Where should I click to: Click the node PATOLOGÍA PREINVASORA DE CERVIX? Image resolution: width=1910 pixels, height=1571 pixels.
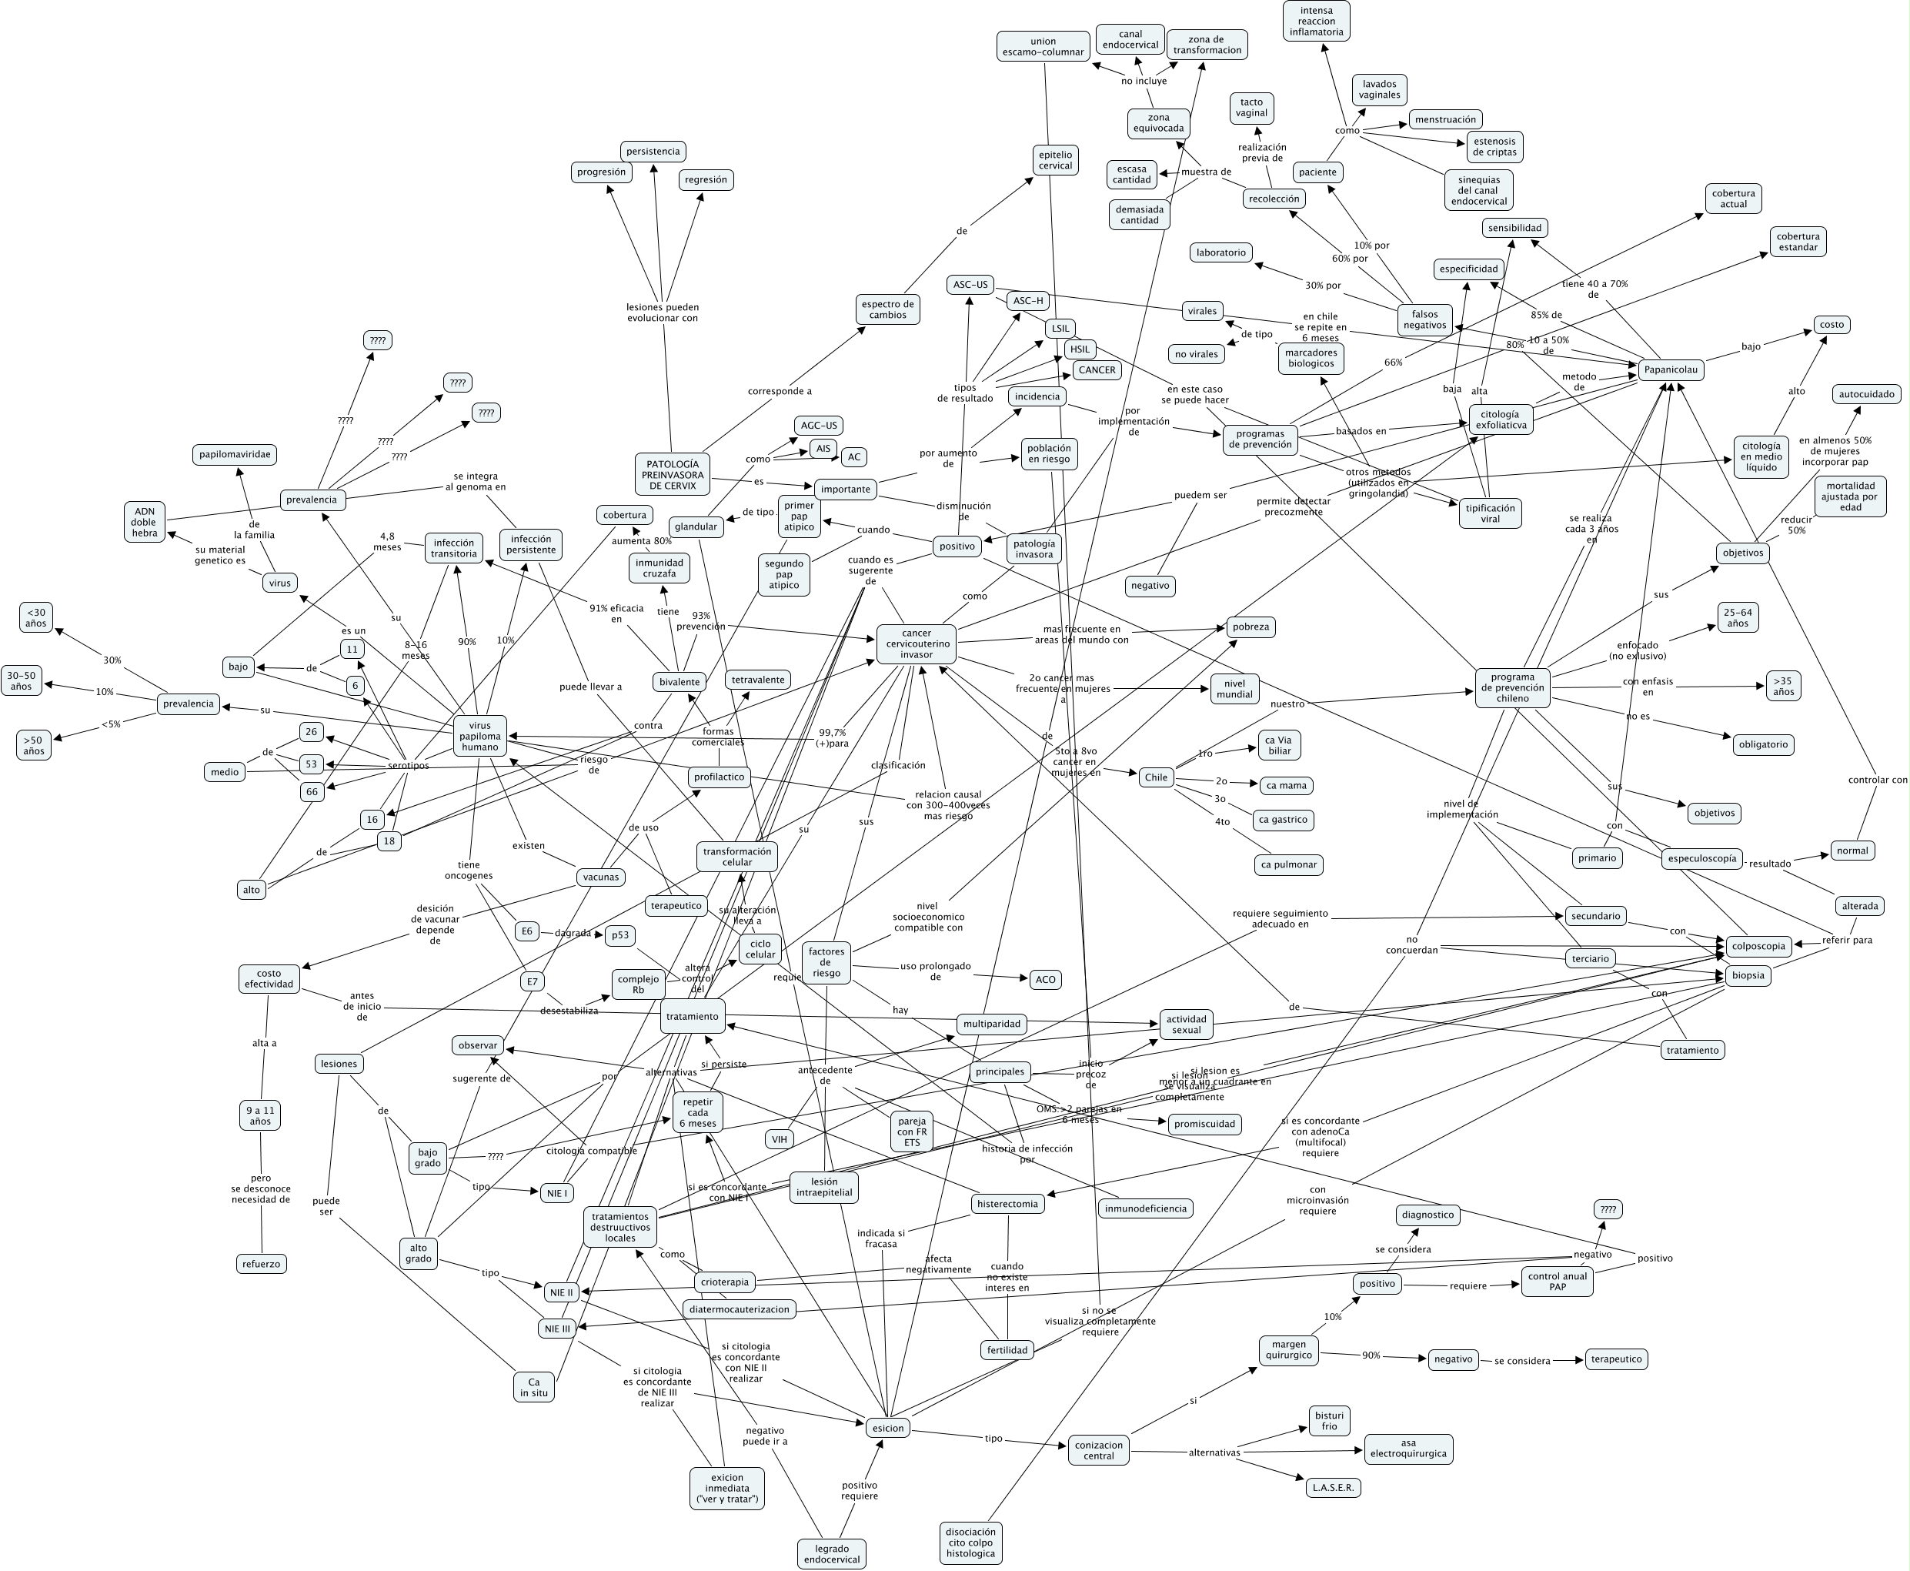tap(671, 474)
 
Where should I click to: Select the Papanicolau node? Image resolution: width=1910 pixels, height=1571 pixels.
tap(1670, 369)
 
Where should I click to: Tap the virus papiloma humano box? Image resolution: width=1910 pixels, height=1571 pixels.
tap(479, 736)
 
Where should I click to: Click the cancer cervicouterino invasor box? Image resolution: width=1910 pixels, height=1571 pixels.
tap(916, 643)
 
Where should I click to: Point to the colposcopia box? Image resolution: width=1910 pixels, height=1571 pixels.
tap(1758, 946)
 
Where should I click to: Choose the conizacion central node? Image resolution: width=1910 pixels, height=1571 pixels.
tap(1098, 1449)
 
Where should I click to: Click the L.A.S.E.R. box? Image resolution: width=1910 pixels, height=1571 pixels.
tap(1333, 1487)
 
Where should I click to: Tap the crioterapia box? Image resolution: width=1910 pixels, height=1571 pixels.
tap(725, 1282)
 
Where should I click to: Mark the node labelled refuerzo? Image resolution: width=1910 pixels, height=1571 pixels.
tap(262, 1263)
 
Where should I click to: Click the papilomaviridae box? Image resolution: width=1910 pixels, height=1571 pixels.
tap(235, 454)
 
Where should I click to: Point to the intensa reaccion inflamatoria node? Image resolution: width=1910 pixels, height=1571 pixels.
tap(1317, 21)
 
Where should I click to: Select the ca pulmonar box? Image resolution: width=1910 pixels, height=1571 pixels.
tap(1289, 864)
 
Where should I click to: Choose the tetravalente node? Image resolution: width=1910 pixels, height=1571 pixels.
tap(758, 680)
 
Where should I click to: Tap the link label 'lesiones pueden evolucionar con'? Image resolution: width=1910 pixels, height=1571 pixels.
tap(663, 313)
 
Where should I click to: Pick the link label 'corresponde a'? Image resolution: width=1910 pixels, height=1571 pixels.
tap(779, 391)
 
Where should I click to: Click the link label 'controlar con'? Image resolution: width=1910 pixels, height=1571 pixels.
tap(1876, 779)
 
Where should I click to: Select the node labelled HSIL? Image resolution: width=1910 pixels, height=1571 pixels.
tap(1080, 349)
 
